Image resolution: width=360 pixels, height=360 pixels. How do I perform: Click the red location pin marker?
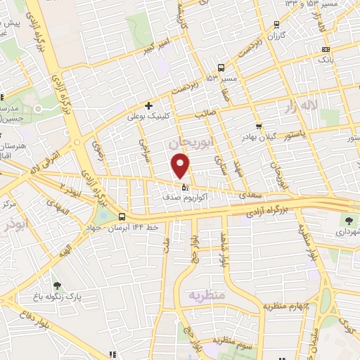tap(181, 165)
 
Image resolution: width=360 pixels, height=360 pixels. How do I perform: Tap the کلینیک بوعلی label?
tap(146, 117)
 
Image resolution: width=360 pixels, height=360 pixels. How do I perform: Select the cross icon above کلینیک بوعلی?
tap(149, 105)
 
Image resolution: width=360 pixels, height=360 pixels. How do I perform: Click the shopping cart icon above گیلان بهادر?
tap(259, 127)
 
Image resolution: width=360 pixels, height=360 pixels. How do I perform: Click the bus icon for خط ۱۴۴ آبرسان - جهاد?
tap(123, 217)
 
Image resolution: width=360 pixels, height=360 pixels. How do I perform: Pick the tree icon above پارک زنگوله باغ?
tap(57, 285)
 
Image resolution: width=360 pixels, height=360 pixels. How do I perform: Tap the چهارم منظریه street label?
tap(288, 306)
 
